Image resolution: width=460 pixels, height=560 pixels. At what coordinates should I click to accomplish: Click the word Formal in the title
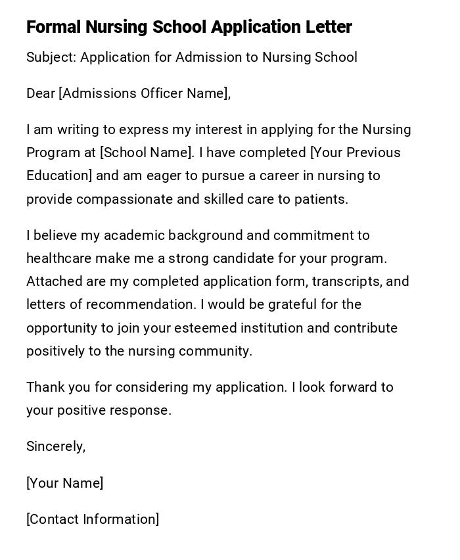pos(53,27)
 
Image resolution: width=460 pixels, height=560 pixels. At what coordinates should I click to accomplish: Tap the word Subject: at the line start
pos(51,57)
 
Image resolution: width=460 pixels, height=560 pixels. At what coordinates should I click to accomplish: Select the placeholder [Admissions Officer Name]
pos(145,93)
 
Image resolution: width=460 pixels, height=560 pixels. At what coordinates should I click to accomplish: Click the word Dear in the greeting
pos(41,93)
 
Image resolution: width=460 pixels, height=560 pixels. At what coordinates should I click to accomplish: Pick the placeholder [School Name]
pos(147,152)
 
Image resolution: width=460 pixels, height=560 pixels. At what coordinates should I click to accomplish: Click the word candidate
pos(274,258)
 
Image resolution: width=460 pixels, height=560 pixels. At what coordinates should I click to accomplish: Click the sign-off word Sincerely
pos(55,446)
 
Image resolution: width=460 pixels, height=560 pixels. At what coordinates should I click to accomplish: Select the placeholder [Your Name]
pos(64,483)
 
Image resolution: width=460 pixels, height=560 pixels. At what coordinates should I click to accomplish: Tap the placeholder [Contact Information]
pos(93,519)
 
